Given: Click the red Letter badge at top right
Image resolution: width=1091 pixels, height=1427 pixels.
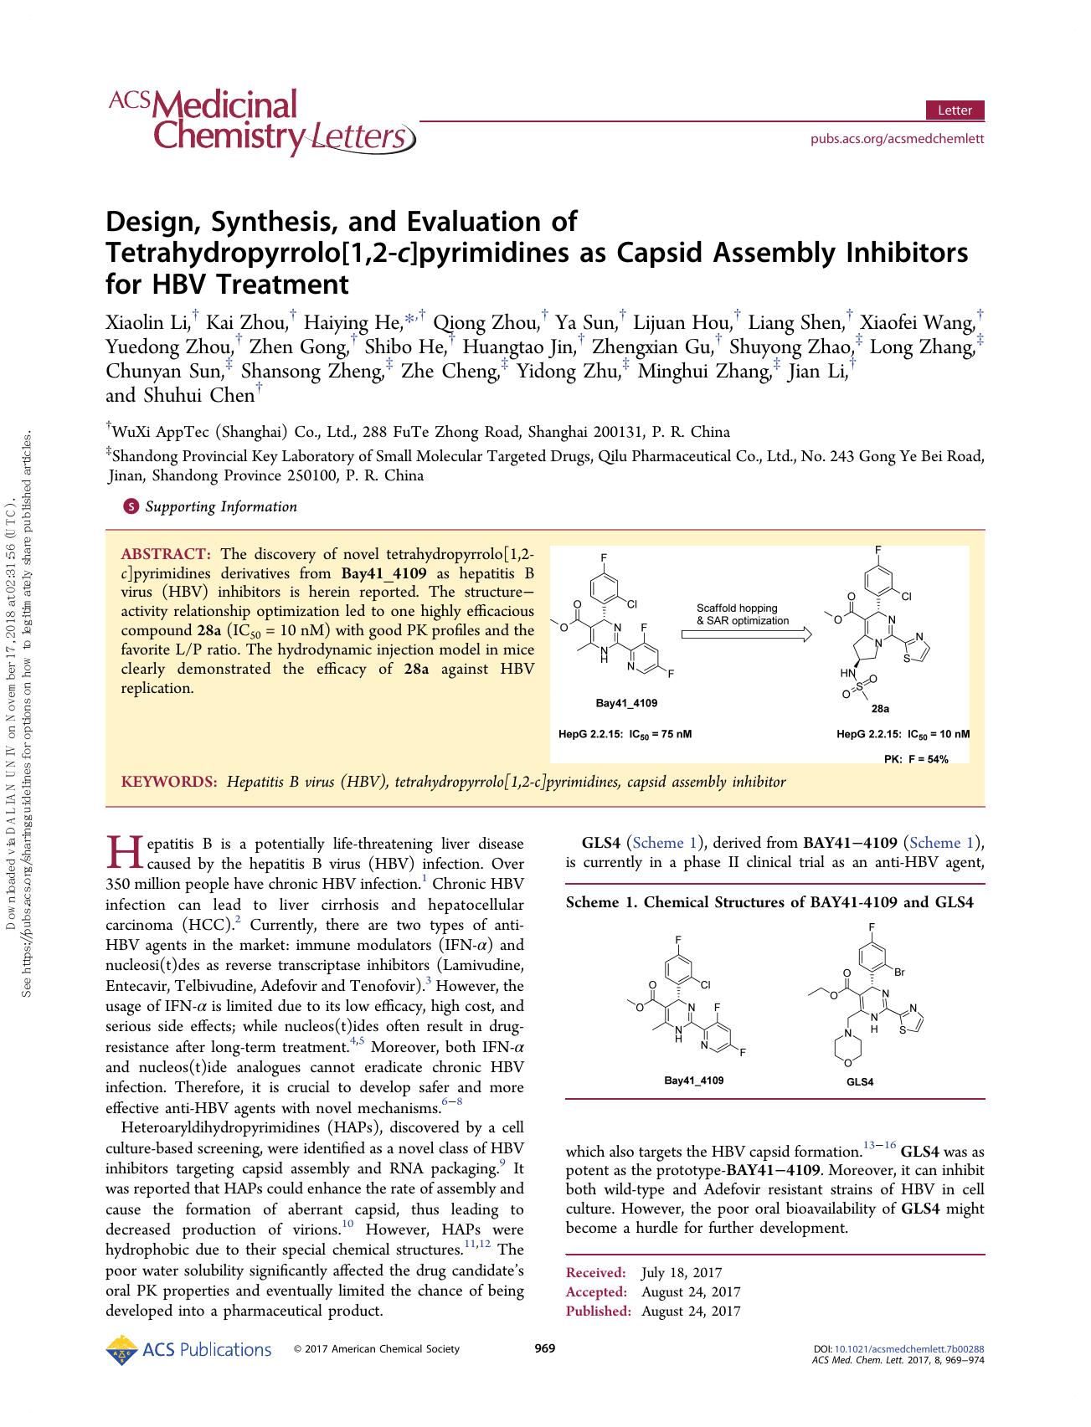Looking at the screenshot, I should coord(955,110).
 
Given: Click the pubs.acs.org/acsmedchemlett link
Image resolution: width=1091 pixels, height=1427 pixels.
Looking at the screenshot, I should coord(897,139).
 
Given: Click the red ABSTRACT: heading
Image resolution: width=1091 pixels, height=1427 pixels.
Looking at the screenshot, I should coord(166,554).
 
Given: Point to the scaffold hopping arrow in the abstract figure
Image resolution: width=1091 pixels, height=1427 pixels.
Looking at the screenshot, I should coord(746,635).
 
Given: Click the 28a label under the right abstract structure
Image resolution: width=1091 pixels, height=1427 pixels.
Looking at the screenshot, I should coord(879,709).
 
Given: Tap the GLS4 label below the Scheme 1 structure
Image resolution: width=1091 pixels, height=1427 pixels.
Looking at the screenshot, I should coord(860,1082).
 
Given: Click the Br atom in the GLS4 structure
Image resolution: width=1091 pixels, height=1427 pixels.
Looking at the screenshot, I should coord(899,973).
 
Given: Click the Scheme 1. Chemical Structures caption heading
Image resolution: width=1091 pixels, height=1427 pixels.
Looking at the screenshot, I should coord(769,902).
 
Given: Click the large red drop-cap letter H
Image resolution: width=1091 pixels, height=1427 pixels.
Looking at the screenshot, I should coord(124,853).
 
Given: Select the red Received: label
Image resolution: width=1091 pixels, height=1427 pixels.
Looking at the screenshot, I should coord(595,1273).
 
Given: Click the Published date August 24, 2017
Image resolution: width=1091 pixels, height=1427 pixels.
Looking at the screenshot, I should coord(690,1312).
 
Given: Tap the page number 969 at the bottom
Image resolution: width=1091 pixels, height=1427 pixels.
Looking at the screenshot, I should coord(544,1348).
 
